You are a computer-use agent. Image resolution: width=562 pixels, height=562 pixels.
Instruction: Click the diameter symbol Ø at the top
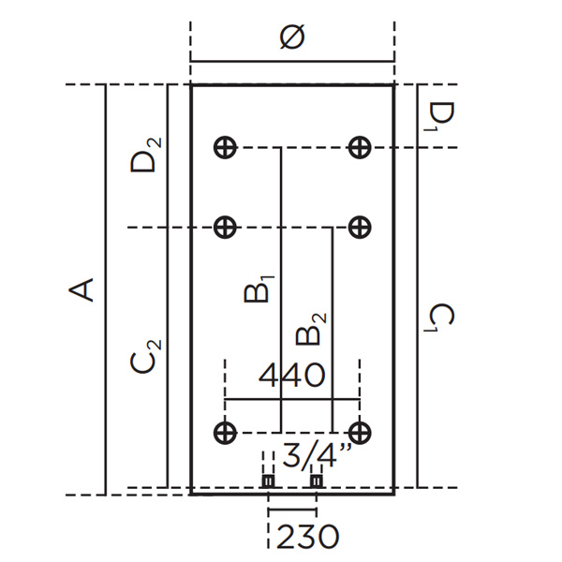coord(292,38)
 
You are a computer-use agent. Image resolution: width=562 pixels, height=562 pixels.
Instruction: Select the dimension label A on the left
coord(83,288)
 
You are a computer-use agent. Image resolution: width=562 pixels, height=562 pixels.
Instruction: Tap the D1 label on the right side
coord(441,115)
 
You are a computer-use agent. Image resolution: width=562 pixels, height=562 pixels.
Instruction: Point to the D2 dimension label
coord(146,155)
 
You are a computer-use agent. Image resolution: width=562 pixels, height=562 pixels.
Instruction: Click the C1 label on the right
coord(441,318)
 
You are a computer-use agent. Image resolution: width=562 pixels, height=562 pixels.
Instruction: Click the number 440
coord(292,377)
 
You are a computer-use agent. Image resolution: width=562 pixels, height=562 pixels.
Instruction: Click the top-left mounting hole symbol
coord(224,147)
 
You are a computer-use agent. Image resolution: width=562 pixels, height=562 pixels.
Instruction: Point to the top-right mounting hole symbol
coord(360,147)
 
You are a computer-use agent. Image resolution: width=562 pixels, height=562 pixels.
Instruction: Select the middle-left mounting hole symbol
coord(224,227)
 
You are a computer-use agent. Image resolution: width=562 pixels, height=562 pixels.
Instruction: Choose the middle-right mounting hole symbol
coord(360,227)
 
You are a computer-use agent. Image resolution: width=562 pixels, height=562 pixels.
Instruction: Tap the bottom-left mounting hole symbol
coord(224,432)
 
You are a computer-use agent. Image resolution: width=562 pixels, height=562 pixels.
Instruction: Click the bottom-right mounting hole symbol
coord(360,432)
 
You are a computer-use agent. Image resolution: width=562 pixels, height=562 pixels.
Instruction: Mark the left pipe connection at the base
coord(268,481)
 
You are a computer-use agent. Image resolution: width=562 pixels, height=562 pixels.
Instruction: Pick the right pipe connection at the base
coord(316,481)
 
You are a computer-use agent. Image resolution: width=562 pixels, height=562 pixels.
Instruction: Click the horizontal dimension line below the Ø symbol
coord(292,63)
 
